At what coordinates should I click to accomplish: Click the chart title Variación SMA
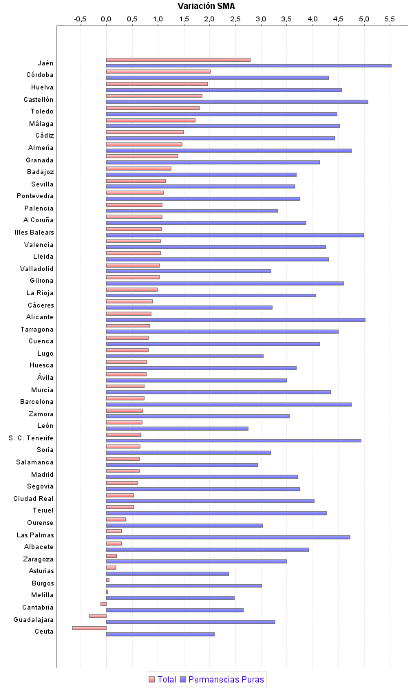tap(206, 6)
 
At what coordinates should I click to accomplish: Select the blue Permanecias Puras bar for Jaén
tap(248, 65)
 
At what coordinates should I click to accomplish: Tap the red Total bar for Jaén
tap(178, 60)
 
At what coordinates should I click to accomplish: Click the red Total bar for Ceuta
tap(89, 628)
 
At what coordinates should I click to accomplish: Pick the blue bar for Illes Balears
tap(235, 235)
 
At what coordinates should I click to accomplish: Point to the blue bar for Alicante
tap(235, 319)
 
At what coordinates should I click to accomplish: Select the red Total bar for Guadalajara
tap(98, 616)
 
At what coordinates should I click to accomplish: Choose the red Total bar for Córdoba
tap(158, 72)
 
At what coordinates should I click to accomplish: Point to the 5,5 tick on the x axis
tap(390, 19)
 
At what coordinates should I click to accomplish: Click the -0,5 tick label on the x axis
tap(81, 19)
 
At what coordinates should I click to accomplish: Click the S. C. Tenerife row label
tap(31, 438)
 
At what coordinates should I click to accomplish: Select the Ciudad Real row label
tap(34, 498)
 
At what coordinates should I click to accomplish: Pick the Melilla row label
tap(43, 595)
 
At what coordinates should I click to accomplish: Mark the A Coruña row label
tap(39, 220)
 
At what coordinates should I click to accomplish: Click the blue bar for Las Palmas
tap(228, 537)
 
